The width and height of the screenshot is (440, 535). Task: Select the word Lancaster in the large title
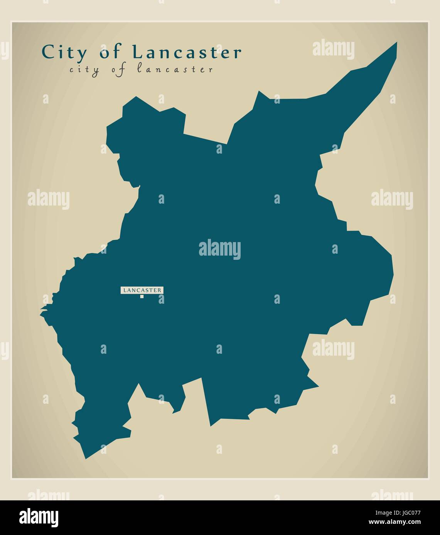[187, 52]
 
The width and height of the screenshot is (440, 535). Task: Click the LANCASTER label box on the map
[142, 290]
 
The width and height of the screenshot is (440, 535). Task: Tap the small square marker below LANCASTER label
[142, 296]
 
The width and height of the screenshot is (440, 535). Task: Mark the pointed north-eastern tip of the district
[396, 43]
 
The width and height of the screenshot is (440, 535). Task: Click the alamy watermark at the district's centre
[220, 249]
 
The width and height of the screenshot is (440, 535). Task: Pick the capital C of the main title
[47, 52]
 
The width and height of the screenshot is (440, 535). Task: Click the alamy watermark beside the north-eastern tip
[333, 50]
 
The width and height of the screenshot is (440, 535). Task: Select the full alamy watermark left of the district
[49, 199]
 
